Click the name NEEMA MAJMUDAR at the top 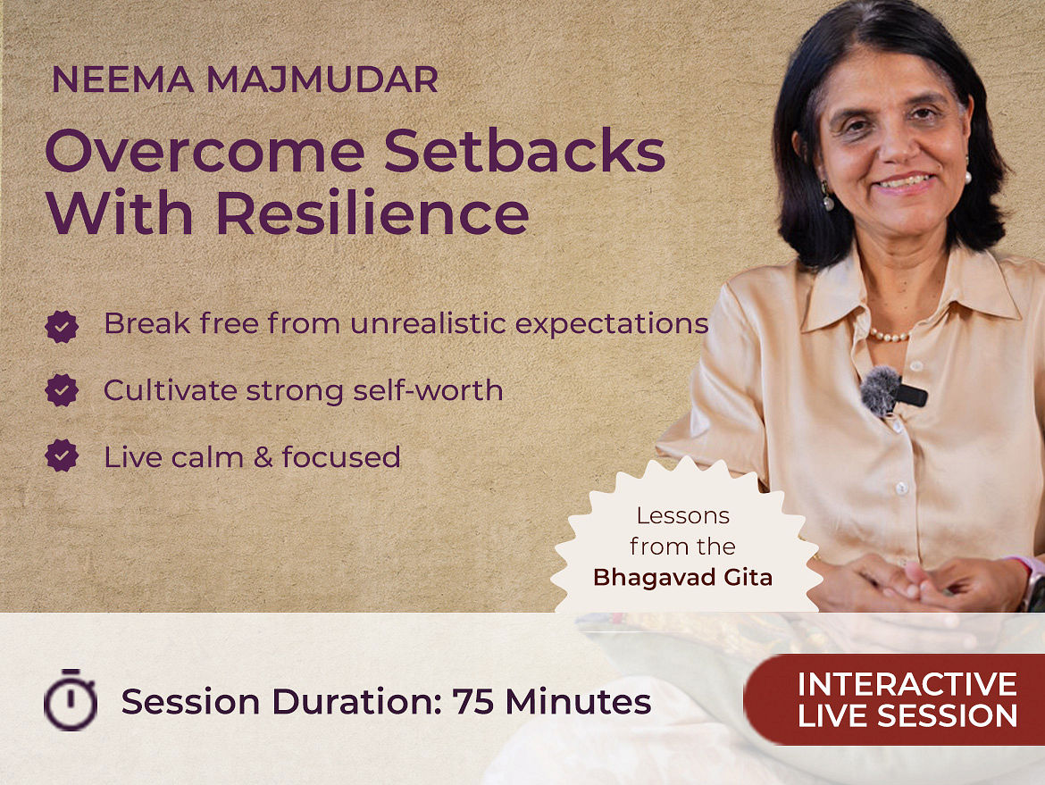pos(245,79)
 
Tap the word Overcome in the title pos(205,151)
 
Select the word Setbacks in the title pos(524,151)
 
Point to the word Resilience pos(372,213)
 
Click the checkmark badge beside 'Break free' pos(62,327)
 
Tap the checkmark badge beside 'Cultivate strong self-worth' pos(62,390)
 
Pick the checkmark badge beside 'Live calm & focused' pos(62,455)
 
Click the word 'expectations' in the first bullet pos(612,324)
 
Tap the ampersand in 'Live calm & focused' pos(263,457)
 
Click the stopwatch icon pos(70,699)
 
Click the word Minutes pos(578,702)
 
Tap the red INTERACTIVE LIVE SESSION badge pos(894,699)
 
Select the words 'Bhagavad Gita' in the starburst pos(682,577)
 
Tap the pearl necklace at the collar pos(890,335)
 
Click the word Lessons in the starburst pos(682,516)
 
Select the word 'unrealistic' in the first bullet pos(429,324)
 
